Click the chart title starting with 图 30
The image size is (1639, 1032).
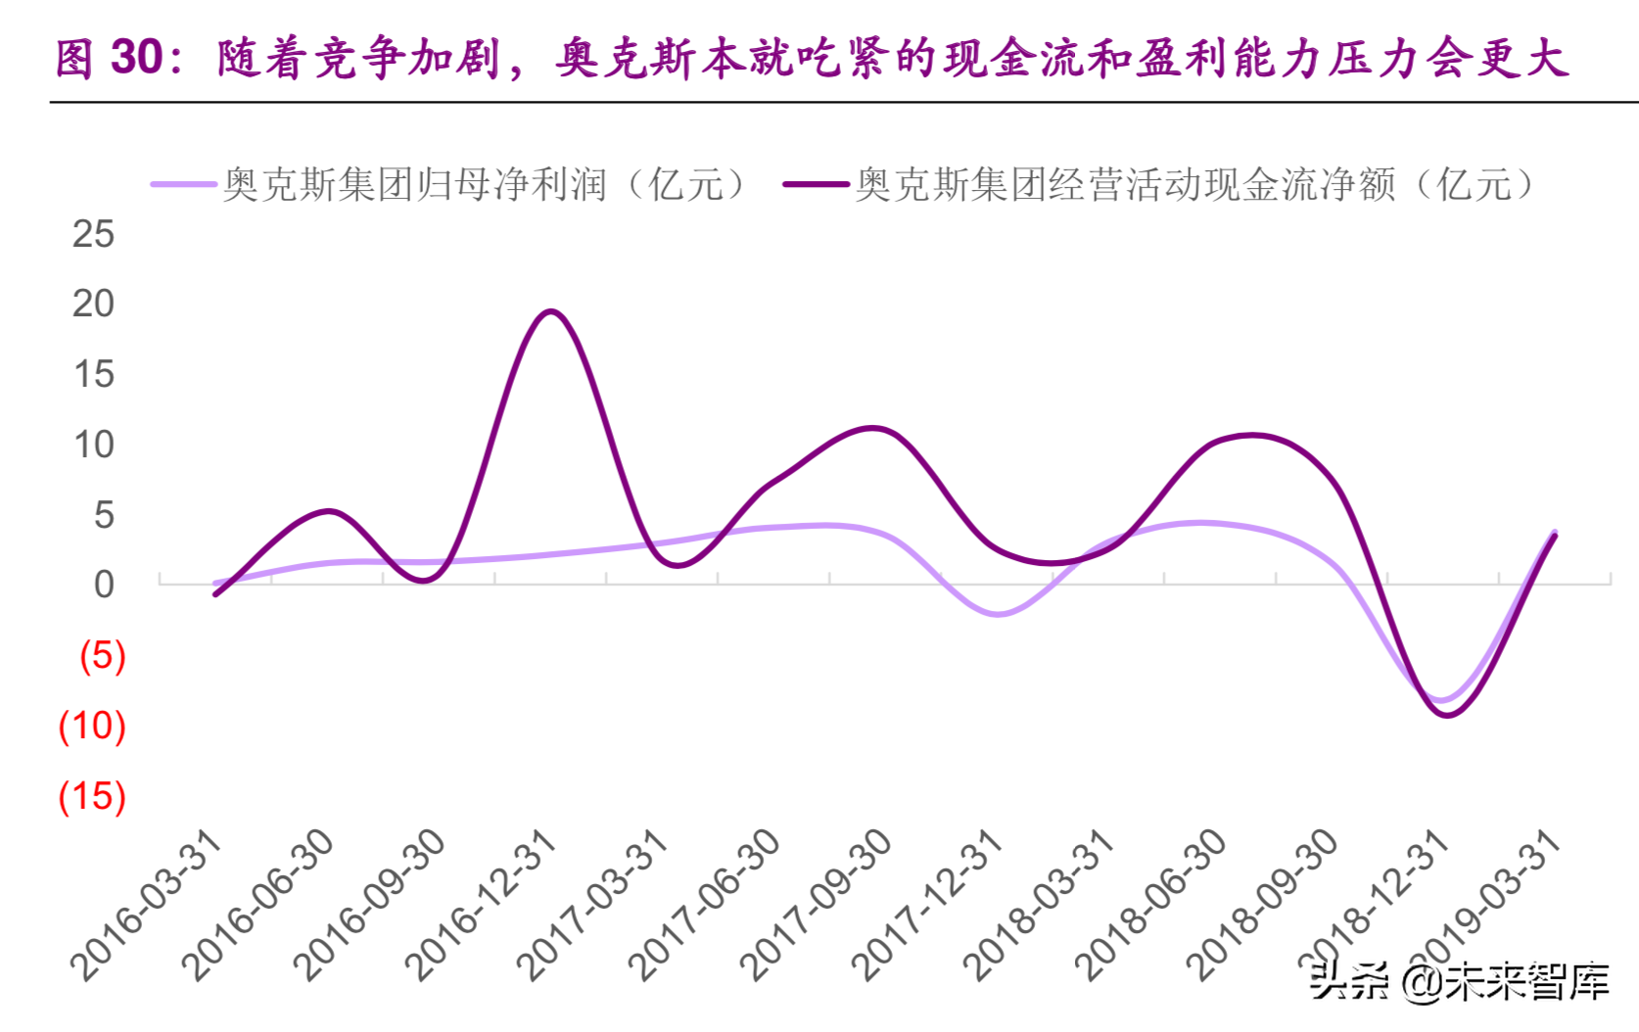coord(813,58)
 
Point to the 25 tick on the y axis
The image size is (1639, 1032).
coord(93,234)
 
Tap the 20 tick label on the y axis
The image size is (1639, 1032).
coord(93,305)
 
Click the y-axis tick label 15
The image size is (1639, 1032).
coord(93,375)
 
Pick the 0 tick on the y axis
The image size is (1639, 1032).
coord(103,585)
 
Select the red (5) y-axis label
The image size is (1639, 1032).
coord(102,656)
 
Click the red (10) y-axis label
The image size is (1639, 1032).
coord(92,727)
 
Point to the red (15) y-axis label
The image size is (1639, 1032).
coord(92,797)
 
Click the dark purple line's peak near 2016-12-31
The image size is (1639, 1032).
coord(551,312)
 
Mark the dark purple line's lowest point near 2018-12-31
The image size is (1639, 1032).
coord(1446,715)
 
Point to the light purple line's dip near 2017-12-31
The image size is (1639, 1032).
coord(998,614)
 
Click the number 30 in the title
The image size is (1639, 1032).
coord(136,58)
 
